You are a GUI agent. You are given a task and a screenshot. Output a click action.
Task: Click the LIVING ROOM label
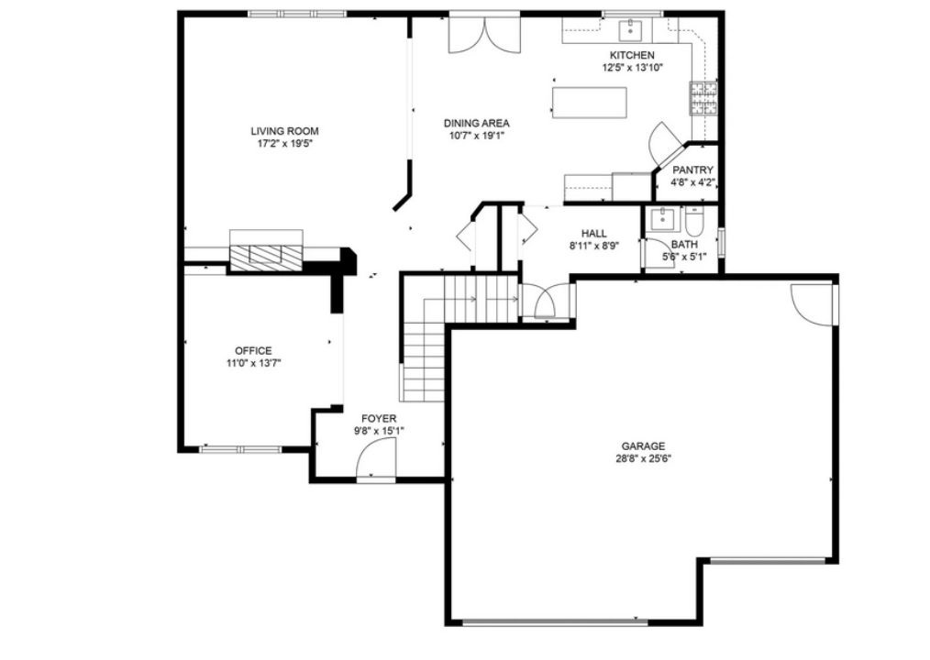coord(285,131)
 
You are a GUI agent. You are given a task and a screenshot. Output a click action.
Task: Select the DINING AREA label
coord(476,124)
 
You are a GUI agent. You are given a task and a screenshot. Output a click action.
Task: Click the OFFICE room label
coord(253,351)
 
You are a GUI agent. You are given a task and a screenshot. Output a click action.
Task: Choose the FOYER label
coord(379,419)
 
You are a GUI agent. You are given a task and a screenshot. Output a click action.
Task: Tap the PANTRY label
coord(692,170)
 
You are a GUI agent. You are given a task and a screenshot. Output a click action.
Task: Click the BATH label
coord(683,245)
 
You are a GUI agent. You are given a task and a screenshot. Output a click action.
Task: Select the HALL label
coord(593,234)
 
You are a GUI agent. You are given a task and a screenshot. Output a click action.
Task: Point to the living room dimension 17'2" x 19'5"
coord(285,143)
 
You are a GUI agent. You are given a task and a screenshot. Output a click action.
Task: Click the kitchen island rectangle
coord(590,102)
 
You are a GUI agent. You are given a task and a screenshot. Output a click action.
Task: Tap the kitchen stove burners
coord(703,98)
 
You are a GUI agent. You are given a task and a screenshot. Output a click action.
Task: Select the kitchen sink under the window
coord(632,30)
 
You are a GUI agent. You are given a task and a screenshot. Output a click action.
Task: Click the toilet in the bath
coord(693,223)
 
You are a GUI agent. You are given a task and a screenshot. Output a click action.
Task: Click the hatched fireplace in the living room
coord(266,258)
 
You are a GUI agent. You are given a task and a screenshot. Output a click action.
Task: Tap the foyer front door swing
coord(377,457)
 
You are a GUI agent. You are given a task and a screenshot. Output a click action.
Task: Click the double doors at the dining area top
coord(483,34)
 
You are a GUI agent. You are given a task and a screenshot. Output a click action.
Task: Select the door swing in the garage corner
coord(812,303)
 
